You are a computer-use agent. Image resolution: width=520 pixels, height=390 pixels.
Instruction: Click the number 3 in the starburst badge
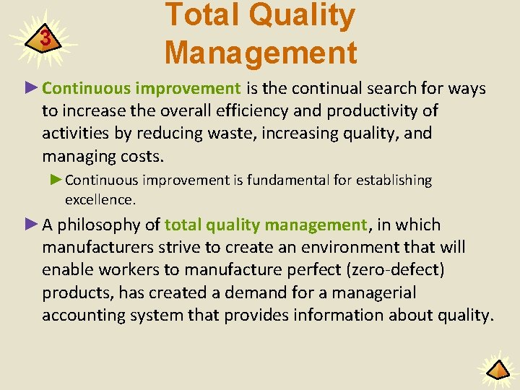45,38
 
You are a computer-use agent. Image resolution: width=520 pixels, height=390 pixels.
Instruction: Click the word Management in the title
261,53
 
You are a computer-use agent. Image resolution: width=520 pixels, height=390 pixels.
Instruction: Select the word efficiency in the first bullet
282,111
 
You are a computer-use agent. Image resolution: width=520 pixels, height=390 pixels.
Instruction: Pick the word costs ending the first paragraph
142,156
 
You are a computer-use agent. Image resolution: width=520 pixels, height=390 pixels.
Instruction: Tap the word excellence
100,199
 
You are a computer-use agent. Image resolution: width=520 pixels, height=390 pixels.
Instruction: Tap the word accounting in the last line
80,315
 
